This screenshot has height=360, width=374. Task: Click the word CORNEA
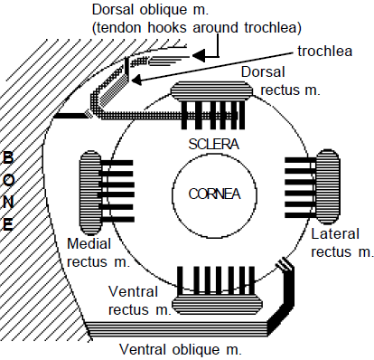click(214, 194)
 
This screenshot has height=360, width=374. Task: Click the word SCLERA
click(214, 144)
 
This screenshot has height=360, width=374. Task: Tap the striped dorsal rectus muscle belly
click(211, 91)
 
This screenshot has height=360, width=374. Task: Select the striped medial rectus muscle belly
click(89, 193)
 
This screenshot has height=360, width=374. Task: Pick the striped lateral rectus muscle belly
click(328, 187)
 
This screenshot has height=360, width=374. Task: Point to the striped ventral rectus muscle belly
click(217, 305)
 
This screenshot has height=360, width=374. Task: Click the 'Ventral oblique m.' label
click(181, 350)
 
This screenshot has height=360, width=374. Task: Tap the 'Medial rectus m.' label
click(98, 252)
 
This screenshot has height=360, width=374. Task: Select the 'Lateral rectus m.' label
click(342, 243)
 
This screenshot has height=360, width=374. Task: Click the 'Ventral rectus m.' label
click(139, 300)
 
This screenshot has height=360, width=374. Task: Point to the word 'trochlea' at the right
click(325, 52)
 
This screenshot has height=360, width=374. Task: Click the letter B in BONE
click(8, 157)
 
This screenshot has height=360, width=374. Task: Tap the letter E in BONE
click(8, 224)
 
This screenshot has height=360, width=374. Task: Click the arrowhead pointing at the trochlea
click(136, 81)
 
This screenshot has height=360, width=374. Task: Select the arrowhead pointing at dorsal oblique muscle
click(199, 56)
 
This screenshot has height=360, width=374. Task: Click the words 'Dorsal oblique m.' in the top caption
click(150, 10)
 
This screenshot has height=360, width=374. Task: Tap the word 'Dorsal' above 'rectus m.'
click(263, 72)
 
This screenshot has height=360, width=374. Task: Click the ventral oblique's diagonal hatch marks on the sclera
click(285, 264)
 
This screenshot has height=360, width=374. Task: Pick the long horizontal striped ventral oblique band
click(178, 328)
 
